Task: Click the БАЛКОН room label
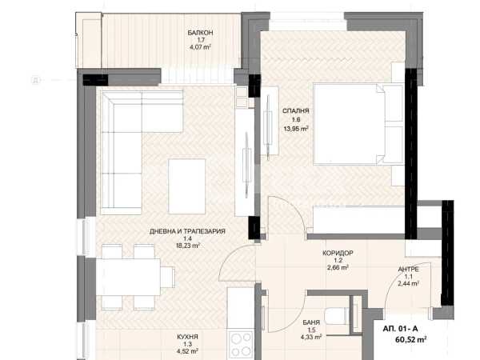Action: [x=200, y=33]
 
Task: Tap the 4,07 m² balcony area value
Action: [x=201, y=47]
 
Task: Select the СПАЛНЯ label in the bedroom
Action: [x=296, y=111]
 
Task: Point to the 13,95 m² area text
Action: [x=296, y=129]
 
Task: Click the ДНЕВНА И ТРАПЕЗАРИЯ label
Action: [x=187, y=231]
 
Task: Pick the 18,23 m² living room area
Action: [x=187, y=246]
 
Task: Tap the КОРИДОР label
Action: [x=338, y=253]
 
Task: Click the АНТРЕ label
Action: [x=408, y=270]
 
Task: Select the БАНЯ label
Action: [x=311, y=322]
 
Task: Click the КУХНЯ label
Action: [x=187, y=337]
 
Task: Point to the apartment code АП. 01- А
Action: [x=400, y=329]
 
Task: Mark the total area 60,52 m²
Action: [x=411, y=339]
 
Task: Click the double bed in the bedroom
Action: [x=358, y=124]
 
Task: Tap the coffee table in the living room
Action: [x=186, y=186]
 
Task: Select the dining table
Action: [x=128, y=277]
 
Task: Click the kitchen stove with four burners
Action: [x=241, y=344]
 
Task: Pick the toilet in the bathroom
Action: [x=338, y=317]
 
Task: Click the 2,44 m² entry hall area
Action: [x=408, y=284]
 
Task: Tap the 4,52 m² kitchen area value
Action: [x=187, y=351]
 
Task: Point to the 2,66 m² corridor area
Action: [x=338, y=267]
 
